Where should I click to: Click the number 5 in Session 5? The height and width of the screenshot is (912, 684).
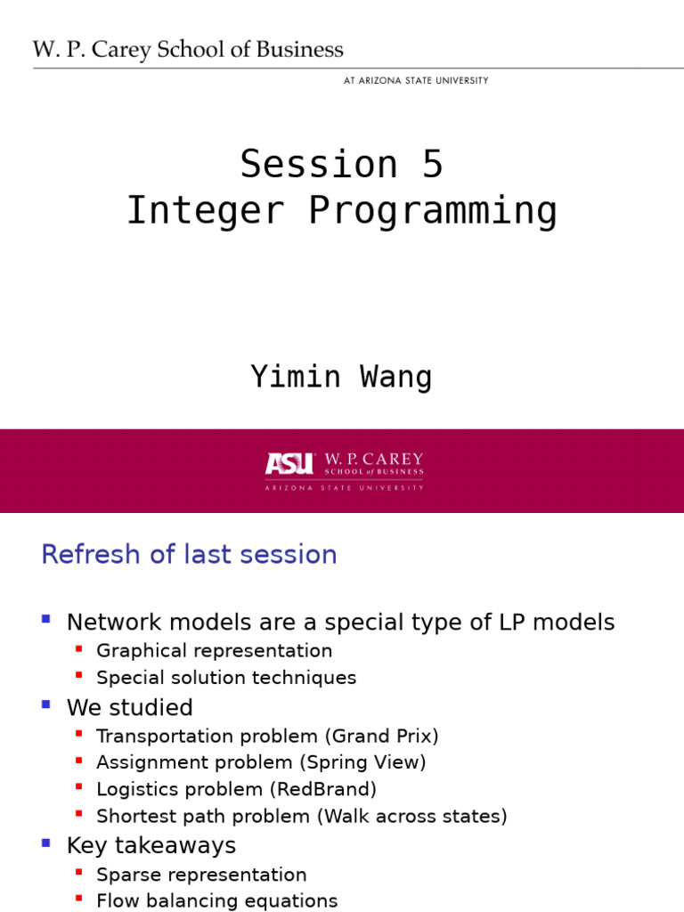tap(433, 164)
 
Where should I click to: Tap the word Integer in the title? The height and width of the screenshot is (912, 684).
tap(206, 210)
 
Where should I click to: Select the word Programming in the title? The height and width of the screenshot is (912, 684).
tap(433, 210)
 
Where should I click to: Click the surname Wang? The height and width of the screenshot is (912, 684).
tap(396, 377)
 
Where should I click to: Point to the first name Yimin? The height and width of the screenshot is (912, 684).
tap(296, 377)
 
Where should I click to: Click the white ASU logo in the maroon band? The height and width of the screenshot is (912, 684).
tap(289, 463)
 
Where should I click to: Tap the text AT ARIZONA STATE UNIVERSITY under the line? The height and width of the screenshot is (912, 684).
tap(416, 80)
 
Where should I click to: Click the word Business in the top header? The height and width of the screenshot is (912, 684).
tap(299, 50)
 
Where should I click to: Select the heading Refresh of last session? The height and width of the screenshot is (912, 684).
tap(189, 554)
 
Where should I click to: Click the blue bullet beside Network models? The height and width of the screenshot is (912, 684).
tap(46, 619)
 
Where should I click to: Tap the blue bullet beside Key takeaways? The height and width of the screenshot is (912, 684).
tap(46, 842)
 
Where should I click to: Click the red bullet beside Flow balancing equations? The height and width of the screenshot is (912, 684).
tap(78, 898)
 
